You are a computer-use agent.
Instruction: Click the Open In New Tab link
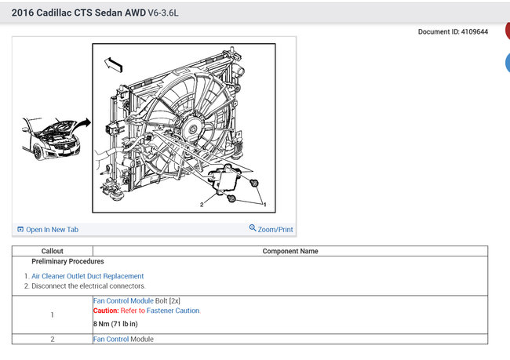point(52,229)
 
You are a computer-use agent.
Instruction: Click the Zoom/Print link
point(271,229)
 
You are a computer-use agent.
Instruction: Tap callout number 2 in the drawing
point(202,204)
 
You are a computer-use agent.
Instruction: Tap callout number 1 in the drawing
point(264,203)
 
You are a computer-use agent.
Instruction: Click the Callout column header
point(52,251)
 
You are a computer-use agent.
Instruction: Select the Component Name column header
point(290,251)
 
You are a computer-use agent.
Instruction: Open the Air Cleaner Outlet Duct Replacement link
point(87,276)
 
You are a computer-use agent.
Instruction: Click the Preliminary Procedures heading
point(67,261)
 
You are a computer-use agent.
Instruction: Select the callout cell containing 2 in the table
point(52,339)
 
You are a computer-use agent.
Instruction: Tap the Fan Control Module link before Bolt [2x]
point(123,300)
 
